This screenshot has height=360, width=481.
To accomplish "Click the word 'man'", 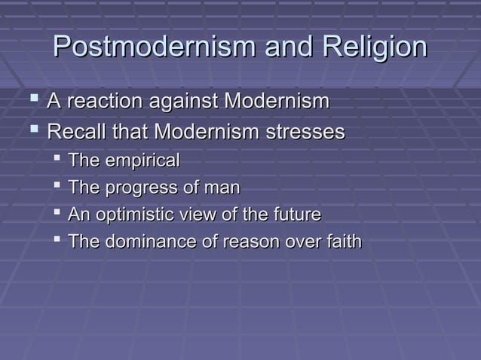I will pos(223,188).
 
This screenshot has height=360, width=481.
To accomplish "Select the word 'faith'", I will pos(344,242).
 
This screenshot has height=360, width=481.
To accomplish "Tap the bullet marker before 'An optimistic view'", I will pos(57,214).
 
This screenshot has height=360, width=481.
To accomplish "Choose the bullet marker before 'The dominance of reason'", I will pos(57,241).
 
